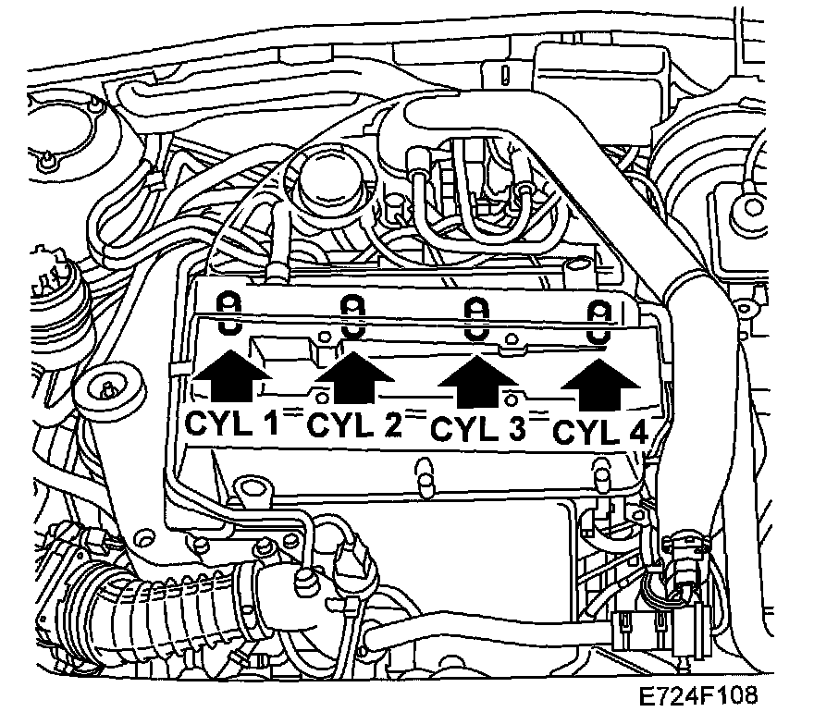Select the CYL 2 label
click(354, 425)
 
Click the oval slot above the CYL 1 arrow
click(228, 314)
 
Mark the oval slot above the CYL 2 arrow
click(352, 317)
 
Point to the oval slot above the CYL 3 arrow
click(475, 320)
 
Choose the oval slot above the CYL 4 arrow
click(600, 323)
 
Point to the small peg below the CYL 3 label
click(425, 472)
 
